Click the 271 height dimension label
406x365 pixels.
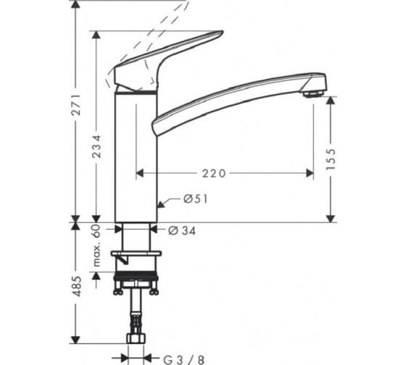pos(76,105)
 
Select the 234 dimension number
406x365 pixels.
pos(96,146)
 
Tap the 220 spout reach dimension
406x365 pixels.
pos(214,173)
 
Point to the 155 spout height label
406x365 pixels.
pos(331,159)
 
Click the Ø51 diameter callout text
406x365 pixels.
pos(196,199)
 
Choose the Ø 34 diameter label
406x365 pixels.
pos(182,230)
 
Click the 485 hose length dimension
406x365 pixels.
pos(76,286)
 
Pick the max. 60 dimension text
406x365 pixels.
pos(96,246)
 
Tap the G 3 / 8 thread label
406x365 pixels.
pos(184,359)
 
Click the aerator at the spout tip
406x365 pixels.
pos(313,94)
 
